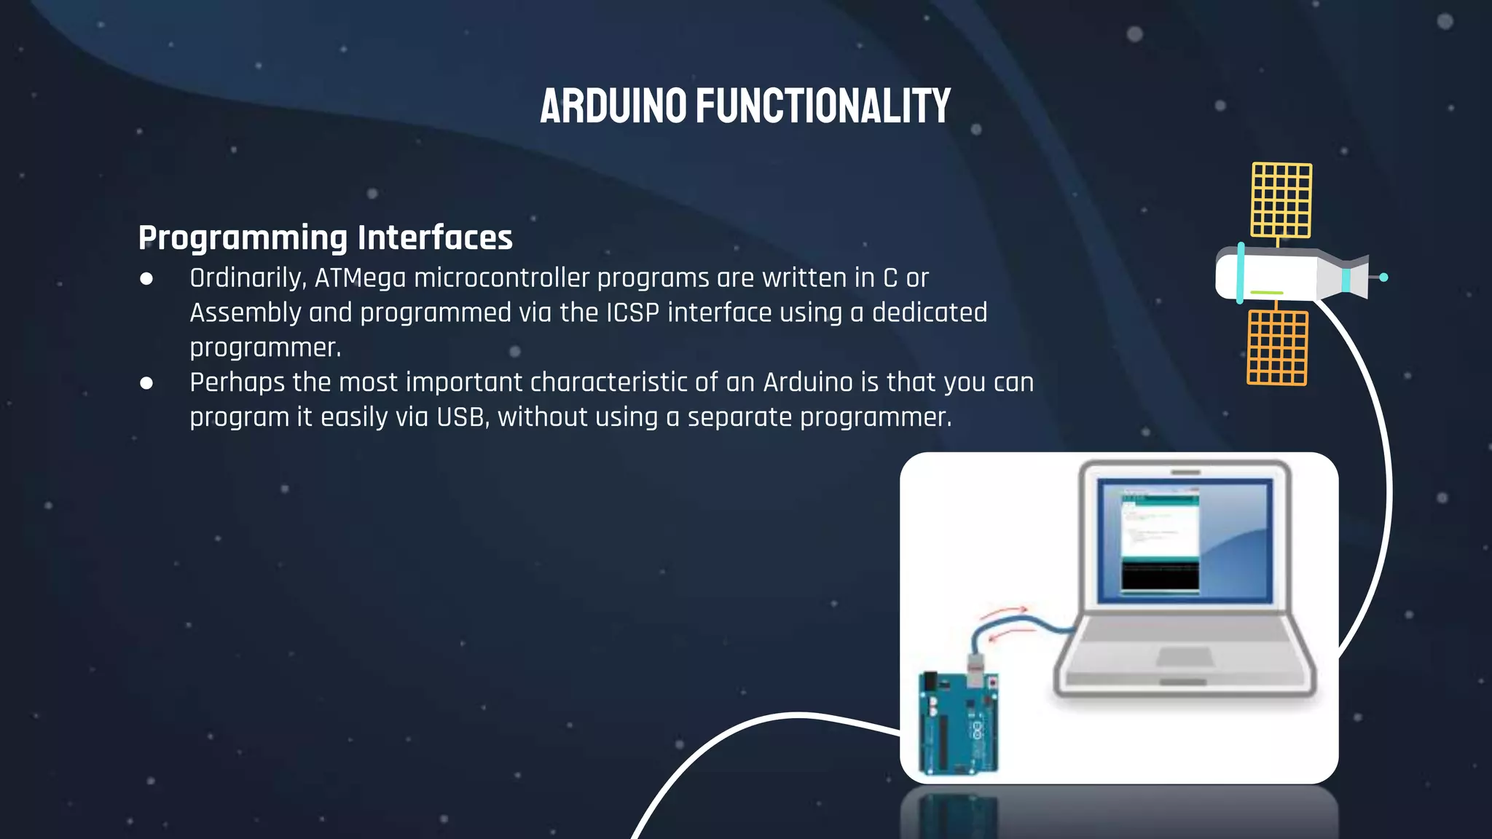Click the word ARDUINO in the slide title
(613, 106)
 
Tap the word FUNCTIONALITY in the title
(823, 106)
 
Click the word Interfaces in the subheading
(435, 237)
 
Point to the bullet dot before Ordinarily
(146, 279)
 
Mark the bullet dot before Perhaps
(146, 383)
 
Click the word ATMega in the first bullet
(360, 278)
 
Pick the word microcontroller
(501, 278)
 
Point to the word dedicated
(930, 312)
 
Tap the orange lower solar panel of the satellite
(1277, 347)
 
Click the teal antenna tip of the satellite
(1383, 277)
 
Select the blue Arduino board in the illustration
(957, 725)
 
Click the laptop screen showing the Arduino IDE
(1185, 540)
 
